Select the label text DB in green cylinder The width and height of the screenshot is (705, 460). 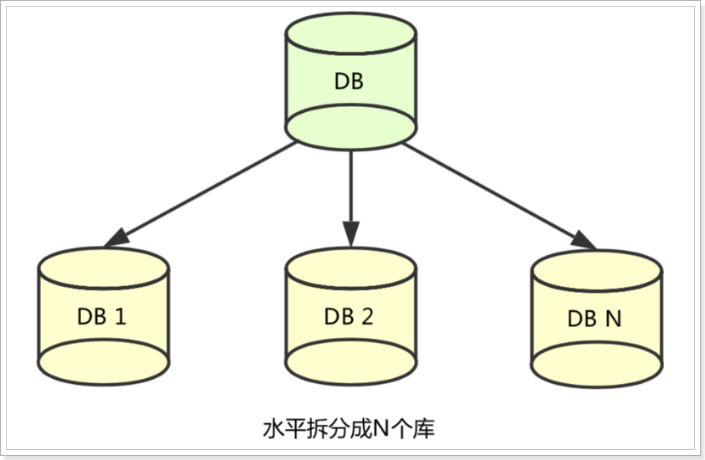[350, 81]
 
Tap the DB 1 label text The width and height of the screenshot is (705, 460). [105, 317]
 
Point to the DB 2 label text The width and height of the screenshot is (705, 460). [350, 317]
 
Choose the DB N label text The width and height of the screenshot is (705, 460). [596, 319]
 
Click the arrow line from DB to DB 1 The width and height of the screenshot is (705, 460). [209, 188]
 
